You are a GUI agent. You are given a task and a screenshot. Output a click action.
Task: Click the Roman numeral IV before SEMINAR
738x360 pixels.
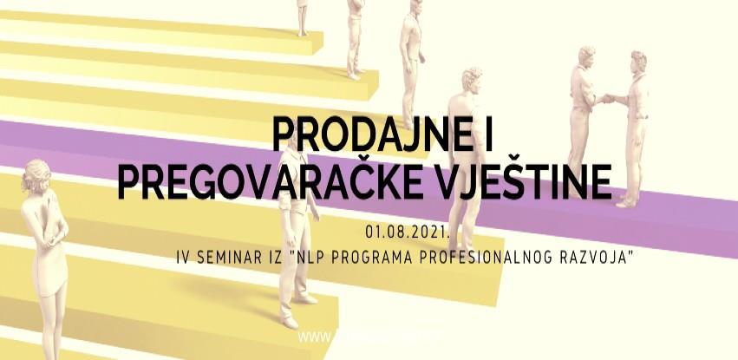(x=181, y=257)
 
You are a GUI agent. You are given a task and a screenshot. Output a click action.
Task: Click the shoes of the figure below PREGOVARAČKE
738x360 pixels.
(x=298, y=298)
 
